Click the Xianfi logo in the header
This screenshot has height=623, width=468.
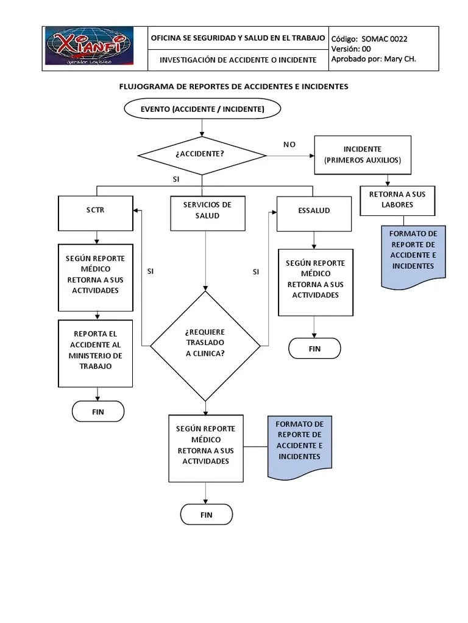click(x=89, y=47)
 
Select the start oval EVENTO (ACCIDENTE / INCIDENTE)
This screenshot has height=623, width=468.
click(x=202, y=109)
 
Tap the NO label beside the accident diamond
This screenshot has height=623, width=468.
click(x=289, y=144)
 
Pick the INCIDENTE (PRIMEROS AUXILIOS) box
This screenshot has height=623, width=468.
click(x=362, y=155)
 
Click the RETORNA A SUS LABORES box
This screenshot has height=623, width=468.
click(x=397, y=200)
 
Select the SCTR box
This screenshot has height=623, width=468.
click(x=95, y=211)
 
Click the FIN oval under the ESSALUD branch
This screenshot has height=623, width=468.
click(x=314, y=349)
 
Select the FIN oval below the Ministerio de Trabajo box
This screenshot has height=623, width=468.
click(x=98, y=412)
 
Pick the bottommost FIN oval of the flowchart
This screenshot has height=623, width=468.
click(x=206, y=515)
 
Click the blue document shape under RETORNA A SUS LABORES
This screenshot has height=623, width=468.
click(x=413, y=254)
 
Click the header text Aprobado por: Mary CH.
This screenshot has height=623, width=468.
click(x=373, y=59)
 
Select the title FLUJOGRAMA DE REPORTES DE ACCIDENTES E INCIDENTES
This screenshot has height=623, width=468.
click(x=233, y=86)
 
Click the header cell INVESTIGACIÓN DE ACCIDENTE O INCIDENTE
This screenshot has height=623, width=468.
click(x=238, y=60)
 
